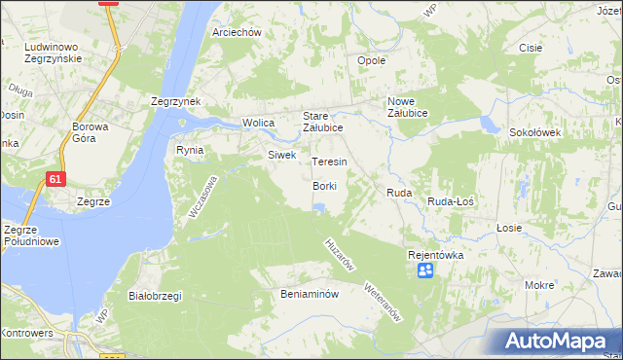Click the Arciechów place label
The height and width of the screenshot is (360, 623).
[237, 32]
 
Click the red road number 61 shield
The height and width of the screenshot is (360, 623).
[55, 179]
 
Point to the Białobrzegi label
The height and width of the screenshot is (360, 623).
[156, 296]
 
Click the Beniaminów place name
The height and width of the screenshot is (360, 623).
[309, 293]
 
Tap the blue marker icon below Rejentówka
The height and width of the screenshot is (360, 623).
[425, 270]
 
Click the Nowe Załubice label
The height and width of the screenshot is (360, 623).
[415, 107]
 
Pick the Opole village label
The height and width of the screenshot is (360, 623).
[372, 60]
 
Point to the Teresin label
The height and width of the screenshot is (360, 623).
[329, 162]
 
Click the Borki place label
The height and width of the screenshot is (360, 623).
[324, 186]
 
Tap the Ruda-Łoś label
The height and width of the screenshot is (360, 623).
[451, 200]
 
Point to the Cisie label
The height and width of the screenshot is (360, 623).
[530, 48]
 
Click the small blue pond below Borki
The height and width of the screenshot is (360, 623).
[318, 206]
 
